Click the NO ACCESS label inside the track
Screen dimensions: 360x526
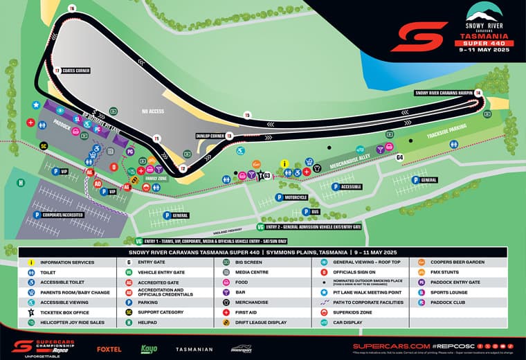[153, 111]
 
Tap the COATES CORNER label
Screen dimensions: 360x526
[75, 71]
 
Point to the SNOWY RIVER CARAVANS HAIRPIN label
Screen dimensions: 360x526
[444, 92]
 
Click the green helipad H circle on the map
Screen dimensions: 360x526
[21, 183]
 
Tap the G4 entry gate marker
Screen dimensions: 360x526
[399, 158]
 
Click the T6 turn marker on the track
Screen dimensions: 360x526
[72, 8]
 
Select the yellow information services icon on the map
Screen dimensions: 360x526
[284, 163]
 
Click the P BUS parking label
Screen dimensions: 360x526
[311, 211]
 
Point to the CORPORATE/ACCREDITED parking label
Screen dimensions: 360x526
[59, 215]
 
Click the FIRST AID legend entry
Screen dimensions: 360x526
[249, 312]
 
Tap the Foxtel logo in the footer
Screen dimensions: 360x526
[109, 349]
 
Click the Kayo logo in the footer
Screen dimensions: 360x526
[149, 348]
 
